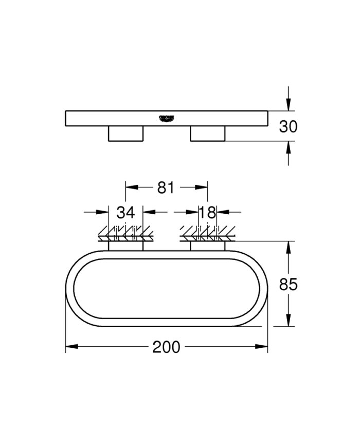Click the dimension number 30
click(288, 126)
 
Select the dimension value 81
click(166, 188)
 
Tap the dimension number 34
click(125, 212)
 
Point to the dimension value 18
click(207, 212)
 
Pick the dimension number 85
click(288, 284)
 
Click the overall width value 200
click(166, 347)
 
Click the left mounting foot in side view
click(125, 134)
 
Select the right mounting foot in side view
click(207, 134)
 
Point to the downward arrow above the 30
click(289, 105)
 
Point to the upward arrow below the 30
click(289, 147)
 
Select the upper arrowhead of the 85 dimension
click(289, 247)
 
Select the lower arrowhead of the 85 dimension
click(289, 321)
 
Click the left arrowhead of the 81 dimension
click(131, 188)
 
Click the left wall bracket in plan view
click(125, 246)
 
